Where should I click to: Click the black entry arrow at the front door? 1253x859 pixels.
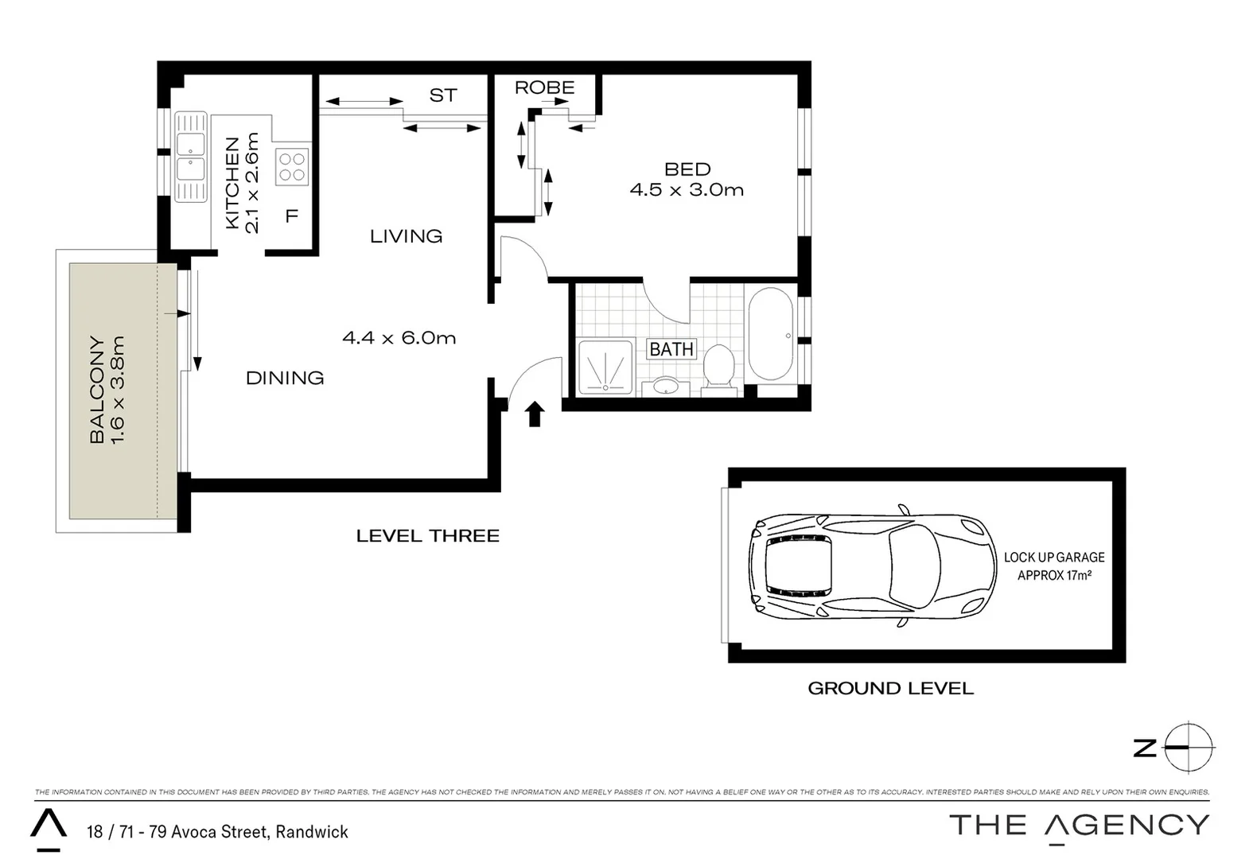tap(535, 414)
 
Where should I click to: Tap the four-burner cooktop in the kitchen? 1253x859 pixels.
tap(292, 167)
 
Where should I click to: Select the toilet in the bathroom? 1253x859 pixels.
tap(719, 367)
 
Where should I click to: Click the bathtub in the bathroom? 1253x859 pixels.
tap(770, 334)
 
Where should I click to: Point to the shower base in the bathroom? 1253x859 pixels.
tap(605, 367)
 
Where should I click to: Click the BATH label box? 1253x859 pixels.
tap(671, 349)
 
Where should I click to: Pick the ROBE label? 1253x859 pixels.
tap(544, 87)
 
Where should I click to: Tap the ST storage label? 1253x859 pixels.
tap(443, 95)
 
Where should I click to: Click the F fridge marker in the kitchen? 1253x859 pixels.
tap(291, 216)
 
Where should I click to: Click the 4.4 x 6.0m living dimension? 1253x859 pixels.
tap(399, 338)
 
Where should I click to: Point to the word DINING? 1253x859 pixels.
tap(285, 378)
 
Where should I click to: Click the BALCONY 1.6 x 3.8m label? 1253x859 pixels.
tap(107, 390)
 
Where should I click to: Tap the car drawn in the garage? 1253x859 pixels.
tap(871, 566)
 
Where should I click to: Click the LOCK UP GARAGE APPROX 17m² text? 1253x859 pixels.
tap(1054, 566)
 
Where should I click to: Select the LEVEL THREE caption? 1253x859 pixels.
tap(427, 536)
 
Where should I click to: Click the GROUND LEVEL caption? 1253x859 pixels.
tap(890, 689)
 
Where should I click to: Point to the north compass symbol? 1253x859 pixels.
tap(1189, 748)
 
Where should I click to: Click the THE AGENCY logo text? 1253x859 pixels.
tap(1079, 826)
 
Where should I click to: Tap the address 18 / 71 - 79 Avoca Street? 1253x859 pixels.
tap(217, 832)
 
